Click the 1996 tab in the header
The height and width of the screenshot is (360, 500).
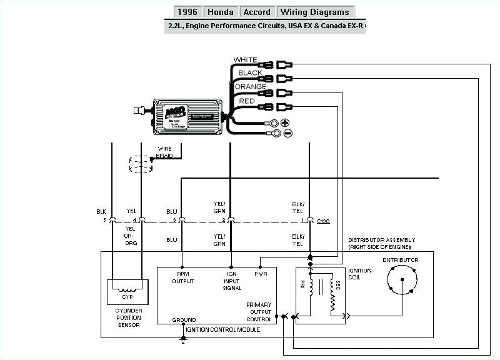[x=187, y=12]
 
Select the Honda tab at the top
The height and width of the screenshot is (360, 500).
[x=221, y=12]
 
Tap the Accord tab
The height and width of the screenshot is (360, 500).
[x=257, y=12]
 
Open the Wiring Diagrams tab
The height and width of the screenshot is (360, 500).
[x=315, y=12]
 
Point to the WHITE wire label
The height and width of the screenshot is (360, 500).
[x=245, y=60]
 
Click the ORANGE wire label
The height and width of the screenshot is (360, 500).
[x=251, y=87]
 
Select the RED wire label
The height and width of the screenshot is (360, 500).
[x=246, y=100]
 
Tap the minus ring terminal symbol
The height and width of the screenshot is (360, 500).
[x=287, y=133]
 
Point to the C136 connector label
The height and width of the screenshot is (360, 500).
[x=324, y=221]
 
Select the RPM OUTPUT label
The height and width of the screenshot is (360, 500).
[x=183, y=277]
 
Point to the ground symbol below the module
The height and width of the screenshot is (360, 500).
[x=183, y=339]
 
